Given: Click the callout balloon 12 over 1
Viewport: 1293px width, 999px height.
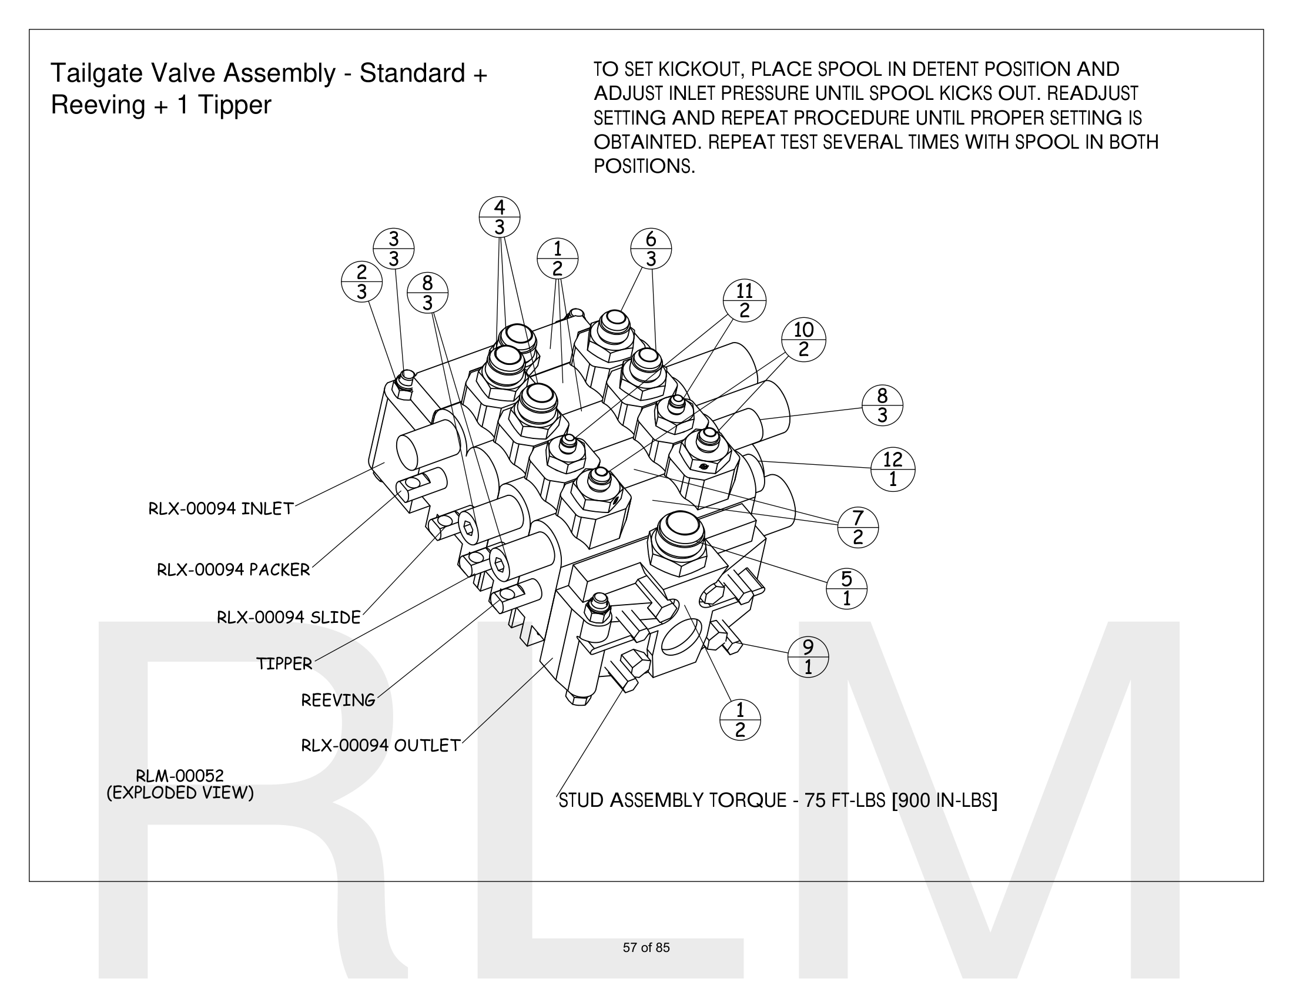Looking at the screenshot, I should (x=893, y=469).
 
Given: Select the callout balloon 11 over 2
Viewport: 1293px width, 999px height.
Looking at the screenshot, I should (x=744, y=301).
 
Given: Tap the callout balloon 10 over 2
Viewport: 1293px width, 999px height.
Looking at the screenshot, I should (x=803, y=339).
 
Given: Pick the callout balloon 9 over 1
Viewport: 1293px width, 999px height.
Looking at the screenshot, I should (x=808, y=657).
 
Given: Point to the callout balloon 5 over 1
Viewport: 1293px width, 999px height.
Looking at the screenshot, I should (x=846, y=588).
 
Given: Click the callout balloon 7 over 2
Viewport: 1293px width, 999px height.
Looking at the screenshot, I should (x=858, y=527).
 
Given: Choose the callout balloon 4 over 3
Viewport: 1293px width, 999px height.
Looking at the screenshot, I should (x=500, y=217).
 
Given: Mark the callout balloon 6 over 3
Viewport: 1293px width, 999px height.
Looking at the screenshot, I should (x=651, y=249).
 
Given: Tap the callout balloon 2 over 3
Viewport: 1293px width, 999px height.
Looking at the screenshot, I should (x=361, y=281).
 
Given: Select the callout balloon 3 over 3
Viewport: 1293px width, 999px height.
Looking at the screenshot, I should (x=394, y=249).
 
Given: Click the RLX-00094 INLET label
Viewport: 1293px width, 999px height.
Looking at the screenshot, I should (x=221, y=509).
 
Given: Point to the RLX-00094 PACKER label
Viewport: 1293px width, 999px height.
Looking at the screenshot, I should (x=233, y=570).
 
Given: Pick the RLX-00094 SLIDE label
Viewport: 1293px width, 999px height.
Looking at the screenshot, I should (x=289, y=618).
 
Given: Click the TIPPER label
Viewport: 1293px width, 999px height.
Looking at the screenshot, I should (x=284, y=664).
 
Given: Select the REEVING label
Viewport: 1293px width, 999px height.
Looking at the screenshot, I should (x=338, y=700).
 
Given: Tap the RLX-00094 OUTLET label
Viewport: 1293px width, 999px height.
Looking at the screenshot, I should (x=381, y=746).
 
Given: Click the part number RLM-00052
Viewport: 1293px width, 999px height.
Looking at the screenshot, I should (x=180, y=775).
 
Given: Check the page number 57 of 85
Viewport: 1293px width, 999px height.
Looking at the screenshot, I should (x=646, y=947).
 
